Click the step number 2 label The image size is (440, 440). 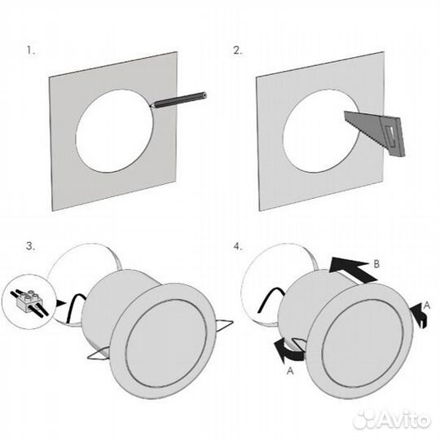pyautogui.click(x=237, y=51)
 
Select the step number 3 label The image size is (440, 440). pyautogui.click(x=31, y=246)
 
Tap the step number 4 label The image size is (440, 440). pyautogui.click(x=238, y=247)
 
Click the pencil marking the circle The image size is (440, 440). pyautogui.click(x=178, y=99)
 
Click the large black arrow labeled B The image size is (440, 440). pyautogui.click(x=353, y=270)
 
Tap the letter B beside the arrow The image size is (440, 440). pyautogui.click(x=376, y=264)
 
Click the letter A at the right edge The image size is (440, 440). pyautogui.click(x=426, y=306)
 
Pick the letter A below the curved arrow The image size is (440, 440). pyautogui.click(x=290, y=371)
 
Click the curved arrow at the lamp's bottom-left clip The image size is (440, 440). pyautogui.click(x=288, y=350)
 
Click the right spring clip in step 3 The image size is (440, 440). pyautogui.click(x=225, y=324)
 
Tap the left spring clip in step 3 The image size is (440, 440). pyautogui.click(x=99, y=353)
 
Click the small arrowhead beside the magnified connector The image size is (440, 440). pyautogui.click(x=61, y=303)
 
